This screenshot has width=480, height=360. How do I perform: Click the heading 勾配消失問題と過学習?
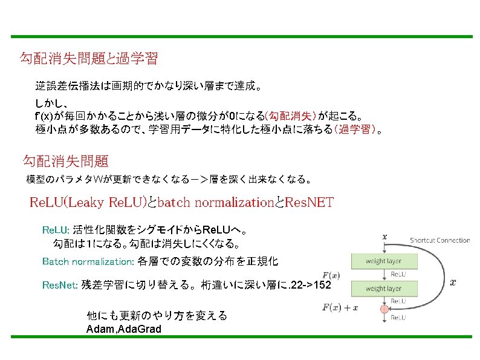(89, 59)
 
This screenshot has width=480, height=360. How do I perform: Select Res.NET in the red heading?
(310, 202)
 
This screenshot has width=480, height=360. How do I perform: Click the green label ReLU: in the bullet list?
(56, 231)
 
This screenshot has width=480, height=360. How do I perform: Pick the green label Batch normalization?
(88, 262)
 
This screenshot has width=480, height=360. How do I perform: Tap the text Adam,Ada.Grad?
(124, 329)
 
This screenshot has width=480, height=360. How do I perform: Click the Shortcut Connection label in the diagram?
(439, 240)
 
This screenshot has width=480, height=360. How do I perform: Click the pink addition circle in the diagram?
(383, 309)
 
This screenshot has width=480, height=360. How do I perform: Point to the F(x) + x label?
(340, 307)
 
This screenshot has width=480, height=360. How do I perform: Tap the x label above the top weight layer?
(385, 237)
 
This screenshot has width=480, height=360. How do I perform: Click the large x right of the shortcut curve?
(453, 282)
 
